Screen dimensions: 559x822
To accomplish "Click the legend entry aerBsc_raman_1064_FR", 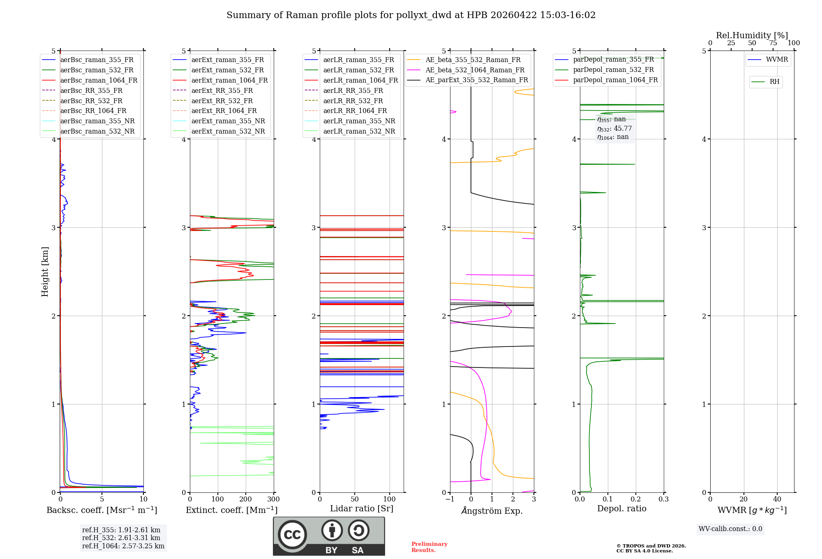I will click(x=99, y=80).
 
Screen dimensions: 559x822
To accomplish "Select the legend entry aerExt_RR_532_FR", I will click(x=222, y=101).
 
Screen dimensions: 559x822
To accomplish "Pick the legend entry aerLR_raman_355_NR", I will click(x=359, y=121).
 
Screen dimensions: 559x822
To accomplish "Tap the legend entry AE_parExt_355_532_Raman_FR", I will click(x=476, y=80).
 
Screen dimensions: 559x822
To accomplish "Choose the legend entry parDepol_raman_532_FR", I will click(x=613, y=70).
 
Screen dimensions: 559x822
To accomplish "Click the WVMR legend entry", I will click(x=777, y=60).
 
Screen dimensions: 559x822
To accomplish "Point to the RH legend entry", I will click(x=774, y=82).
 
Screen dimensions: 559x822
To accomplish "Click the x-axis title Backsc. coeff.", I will click(x=102, y=510).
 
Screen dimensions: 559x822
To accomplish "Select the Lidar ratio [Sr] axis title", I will click(x=361, y=508).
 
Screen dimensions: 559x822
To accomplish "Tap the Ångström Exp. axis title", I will click(x=492, y=511).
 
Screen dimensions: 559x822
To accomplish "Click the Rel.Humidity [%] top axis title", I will click(x=752, y=35).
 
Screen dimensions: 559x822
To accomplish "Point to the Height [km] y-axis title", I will click(x=45, y=272).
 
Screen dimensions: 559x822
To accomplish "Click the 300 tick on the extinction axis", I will click(x=273, y=499).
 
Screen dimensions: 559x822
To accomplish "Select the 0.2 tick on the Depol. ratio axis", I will click(x=635, y=499).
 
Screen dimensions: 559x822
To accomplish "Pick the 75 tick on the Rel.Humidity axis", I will click(x=773, y=43).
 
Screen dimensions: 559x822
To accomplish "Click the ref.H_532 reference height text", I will click(x=121, y=538).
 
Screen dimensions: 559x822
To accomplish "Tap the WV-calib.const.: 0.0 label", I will click(x=730, y=529).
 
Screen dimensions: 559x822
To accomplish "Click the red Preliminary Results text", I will click(x=429, y=547).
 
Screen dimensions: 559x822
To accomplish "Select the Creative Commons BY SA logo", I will click(x=329, y=536).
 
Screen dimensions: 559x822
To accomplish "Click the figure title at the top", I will click(x=411, y=15).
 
